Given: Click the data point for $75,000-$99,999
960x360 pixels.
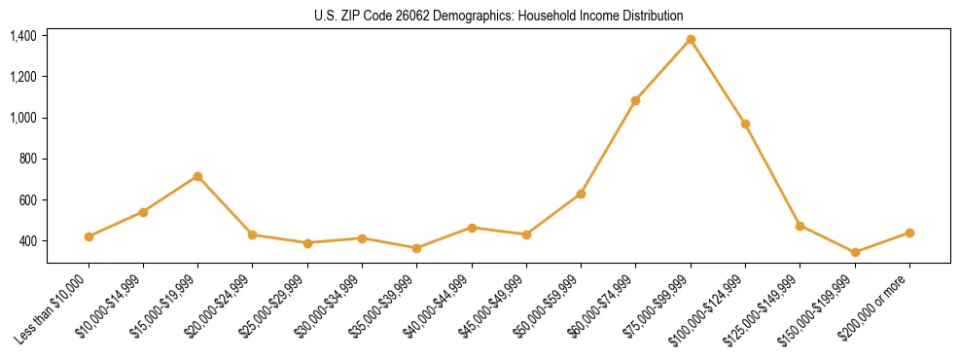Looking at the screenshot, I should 691,40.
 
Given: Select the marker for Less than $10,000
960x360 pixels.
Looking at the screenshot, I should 89,236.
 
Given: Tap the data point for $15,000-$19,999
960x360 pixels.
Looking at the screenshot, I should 197,176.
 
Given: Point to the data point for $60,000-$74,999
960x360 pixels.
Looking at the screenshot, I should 635,100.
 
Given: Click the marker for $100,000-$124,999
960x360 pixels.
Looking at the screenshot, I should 745,124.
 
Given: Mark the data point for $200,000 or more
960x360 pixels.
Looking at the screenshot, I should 909,233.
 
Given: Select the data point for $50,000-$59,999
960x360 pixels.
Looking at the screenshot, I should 581,194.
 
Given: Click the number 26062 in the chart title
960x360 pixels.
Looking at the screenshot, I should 402,16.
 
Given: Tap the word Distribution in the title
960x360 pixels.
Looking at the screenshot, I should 650,16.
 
